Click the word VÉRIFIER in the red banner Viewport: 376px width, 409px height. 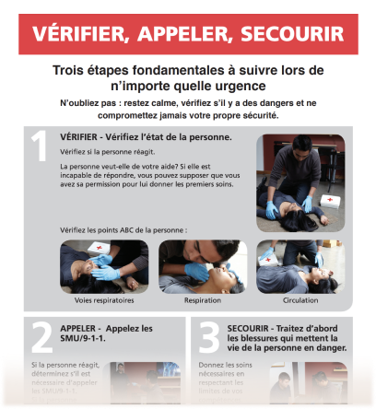78,35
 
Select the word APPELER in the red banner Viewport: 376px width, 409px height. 182,35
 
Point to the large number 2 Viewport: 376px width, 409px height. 41,339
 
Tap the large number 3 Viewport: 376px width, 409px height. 208,339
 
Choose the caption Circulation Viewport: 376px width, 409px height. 299,300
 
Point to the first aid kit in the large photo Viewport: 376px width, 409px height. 330,199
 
